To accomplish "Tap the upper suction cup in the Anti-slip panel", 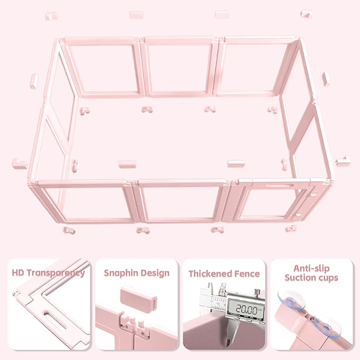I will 285,300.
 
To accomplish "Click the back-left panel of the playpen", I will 101,67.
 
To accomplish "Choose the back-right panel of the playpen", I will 255,67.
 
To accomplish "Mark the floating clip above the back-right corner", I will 306,14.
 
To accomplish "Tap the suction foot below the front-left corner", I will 69,231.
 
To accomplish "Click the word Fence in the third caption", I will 248,274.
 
